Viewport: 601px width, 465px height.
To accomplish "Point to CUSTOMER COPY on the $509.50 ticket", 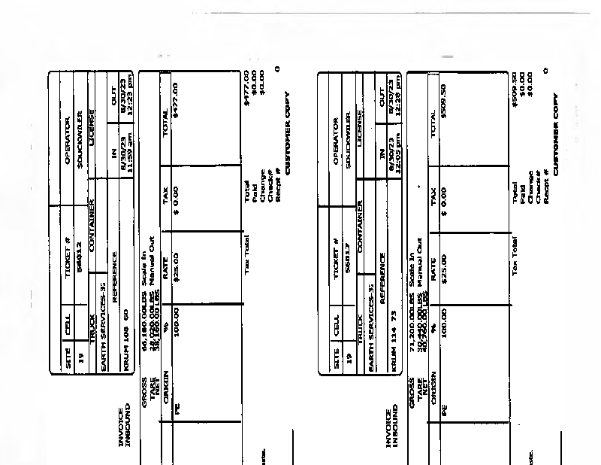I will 556,132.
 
